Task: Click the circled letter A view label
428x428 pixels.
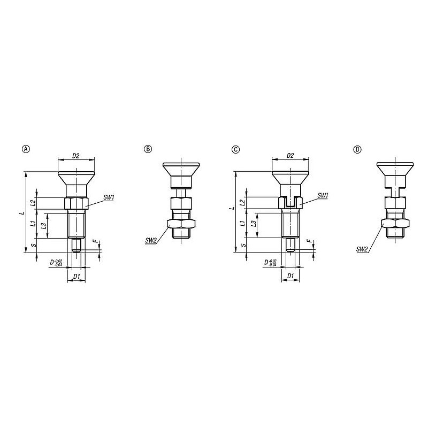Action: click(x=26, y=149)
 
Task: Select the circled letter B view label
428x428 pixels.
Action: click(x=148, y=149)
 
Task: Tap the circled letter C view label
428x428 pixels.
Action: click(x=235, y=149)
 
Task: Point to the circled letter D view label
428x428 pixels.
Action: click(x=357, y=149)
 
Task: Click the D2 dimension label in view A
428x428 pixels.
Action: click(x=75, y=156)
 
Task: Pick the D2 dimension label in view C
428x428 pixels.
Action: click(x=290, y=156)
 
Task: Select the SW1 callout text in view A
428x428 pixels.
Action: click(x=109, y=197)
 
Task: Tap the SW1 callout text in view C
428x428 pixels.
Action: click(x=323, y=196)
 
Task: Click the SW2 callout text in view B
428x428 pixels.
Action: click(x=151, y=240)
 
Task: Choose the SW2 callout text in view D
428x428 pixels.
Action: click(x=362, y=249)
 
